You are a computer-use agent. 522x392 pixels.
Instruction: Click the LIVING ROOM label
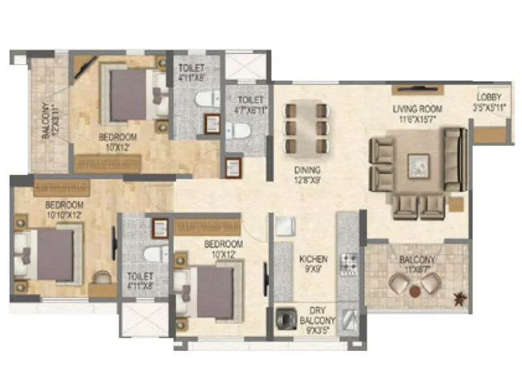[418, 108]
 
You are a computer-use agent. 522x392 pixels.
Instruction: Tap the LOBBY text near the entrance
[489, 99]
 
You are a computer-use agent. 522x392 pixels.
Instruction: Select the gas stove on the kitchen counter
[349, 263]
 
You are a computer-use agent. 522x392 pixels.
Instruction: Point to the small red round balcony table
[414, 291]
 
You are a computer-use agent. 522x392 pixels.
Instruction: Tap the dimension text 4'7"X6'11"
[251, 109]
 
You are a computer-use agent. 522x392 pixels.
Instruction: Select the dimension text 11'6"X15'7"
[418, 118]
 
